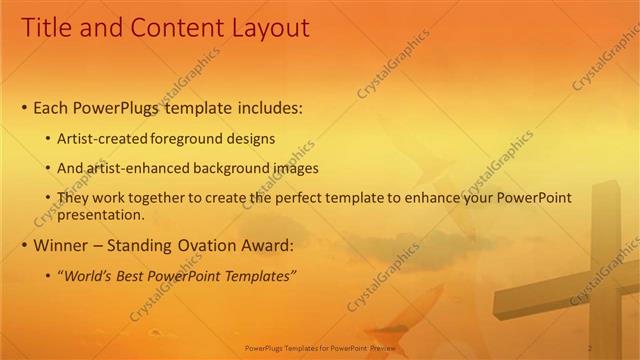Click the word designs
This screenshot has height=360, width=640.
[251, 138]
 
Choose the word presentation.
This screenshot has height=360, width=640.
[101, 214]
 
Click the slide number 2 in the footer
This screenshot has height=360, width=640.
[591, 347]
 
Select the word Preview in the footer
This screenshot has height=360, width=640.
[379, 347]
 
